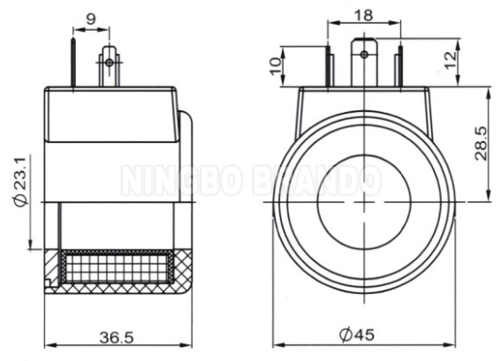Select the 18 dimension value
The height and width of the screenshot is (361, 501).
tap(363, 15)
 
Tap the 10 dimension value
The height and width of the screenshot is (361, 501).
tap(276, 64)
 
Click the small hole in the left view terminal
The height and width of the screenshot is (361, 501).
tap(109, 62)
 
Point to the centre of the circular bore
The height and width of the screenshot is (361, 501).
tap(363, 203)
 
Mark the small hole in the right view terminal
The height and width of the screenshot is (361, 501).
tap(363, 55)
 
